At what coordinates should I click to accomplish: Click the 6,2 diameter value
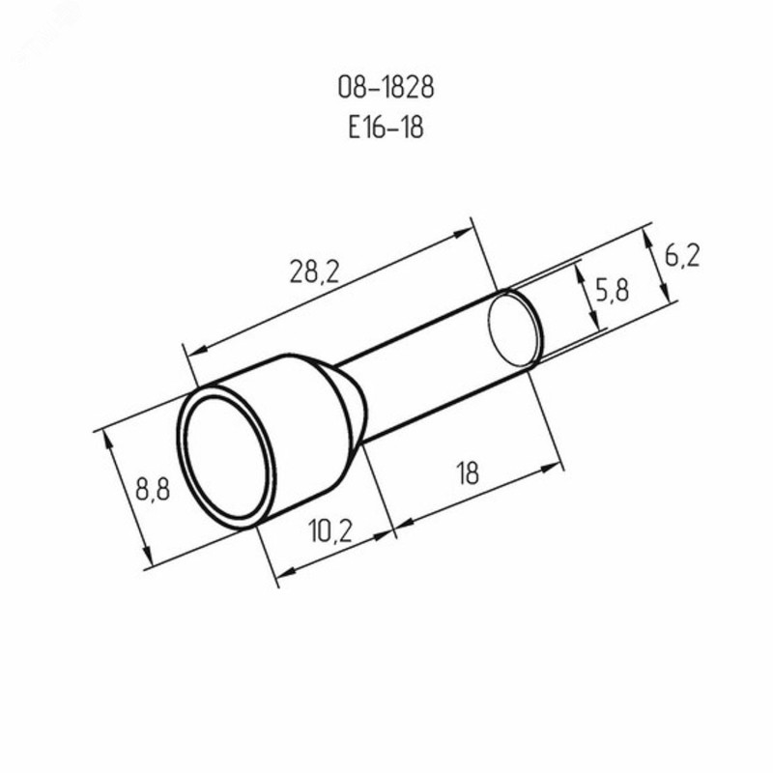point(682,256)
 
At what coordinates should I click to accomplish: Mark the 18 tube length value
point(469,473)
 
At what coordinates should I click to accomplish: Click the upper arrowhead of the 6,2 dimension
point(646,236)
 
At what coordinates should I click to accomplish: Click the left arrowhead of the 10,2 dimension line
point(281,578)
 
